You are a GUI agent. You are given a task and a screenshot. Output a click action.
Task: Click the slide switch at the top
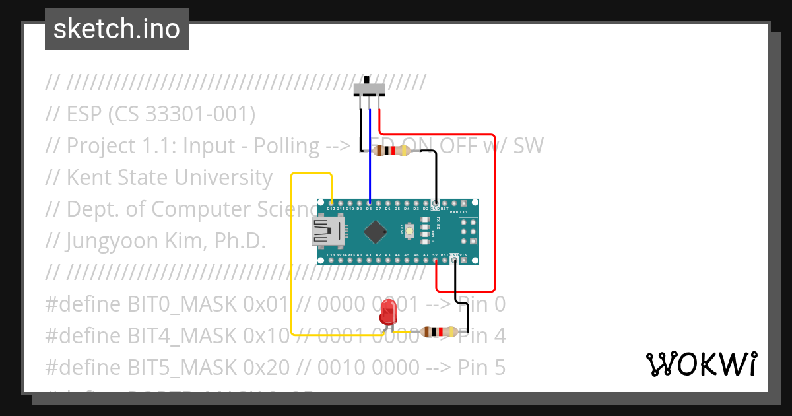pyautogui.click(x=370, y=88)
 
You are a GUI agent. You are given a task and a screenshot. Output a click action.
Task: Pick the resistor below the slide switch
pyautogui.click(x=391, y=151)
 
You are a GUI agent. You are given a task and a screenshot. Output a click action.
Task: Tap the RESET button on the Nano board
pyautogui.click(x=409, y=231)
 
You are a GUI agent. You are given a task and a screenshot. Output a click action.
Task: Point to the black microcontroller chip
pyautogui.click(x=376, y=231)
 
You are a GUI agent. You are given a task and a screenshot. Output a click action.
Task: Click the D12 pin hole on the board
pyautogui.click(x=331, y=203)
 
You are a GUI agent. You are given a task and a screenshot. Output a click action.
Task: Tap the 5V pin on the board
pyautogui.click(x=436, y=260)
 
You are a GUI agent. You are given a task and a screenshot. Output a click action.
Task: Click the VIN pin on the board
pyautogui.click(x=464, y=260)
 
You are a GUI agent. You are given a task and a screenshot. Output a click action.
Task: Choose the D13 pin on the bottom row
pyautogui.click(x=331, y=260)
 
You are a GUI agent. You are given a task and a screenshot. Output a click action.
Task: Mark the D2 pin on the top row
pyautogui.click(x=426, y=203)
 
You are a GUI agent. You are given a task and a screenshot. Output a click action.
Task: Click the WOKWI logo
pyautogui.click(x=701, y=364)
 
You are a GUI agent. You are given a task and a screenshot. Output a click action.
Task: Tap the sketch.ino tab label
pyautogui.click(x=117, y=29)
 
